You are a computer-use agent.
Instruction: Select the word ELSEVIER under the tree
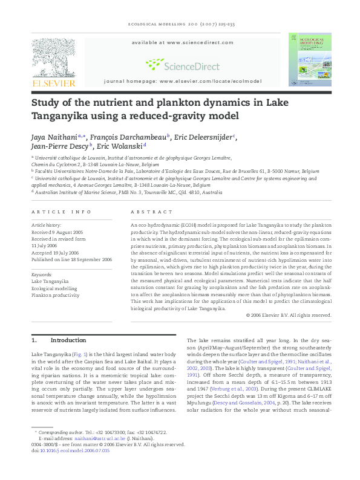tap(53, 83)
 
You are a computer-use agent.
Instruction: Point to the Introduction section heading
tap(68, 340)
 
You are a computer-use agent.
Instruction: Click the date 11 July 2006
tap(46, 246)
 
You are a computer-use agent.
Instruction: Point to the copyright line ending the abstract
tap(289, 315)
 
